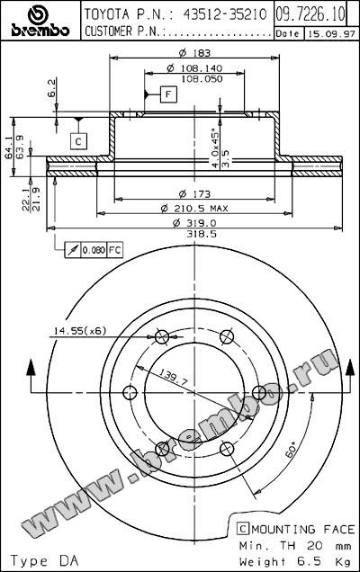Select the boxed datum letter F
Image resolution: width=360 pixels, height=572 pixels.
click(167, 94)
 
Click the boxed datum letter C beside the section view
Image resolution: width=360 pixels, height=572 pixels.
click(78, 140)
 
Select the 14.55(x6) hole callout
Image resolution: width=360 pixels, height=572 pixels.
click(79, 330)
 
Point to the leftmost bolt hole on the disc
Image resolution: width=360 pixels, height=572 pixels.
click(129, 391)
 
